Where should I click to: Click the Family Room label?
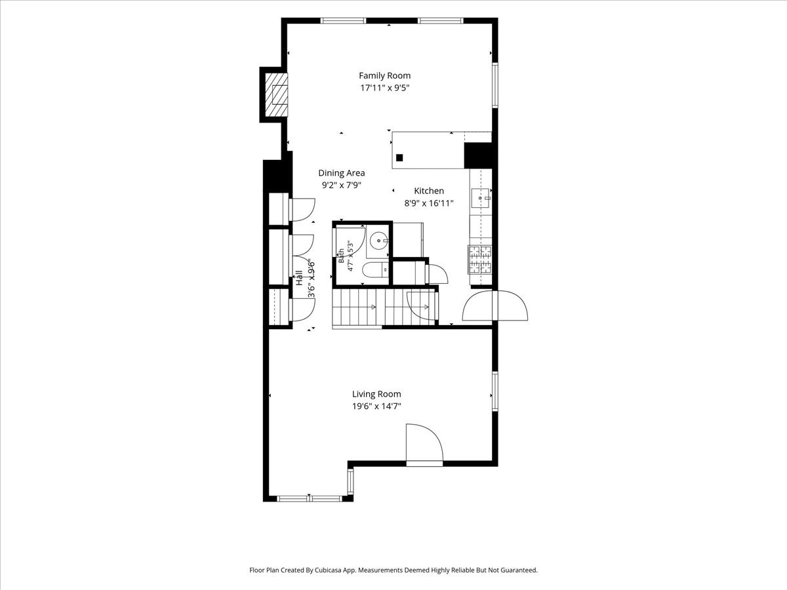coord(384,75)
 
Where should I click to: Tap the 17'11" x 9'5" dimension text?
coord(384,88)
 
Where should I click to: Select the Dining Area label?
coord(341,173)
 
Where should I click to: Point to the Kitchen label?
coord(429,191)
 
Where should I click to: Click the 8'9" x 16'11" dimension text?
coord(429,203)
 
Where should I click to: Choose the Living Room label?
coord(376,394)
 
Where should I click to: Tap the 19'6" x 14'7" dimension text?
coord(376,406)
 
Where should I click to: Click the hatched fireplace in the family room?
coord(276,95)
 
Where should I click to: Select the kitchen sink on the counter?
coord(481,198)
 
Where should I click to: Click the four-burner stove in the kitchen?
coord(479,260)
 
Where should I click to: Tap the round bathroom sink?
coord(378,241)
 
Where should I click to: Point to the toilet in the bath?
coord(375,270)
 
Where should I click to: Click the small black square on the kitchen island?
coord(399,157)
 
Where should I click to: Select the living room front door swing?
coord(424,444)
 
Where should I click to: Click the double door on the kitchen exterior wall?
coord(494,305)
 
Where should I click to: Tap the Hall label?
coord(299,278)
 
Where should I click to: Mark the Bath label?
coord(341,256)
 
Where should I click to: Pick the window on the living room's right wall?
coord(494,391)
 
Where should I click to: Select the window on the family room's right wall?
coord(494,85)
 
